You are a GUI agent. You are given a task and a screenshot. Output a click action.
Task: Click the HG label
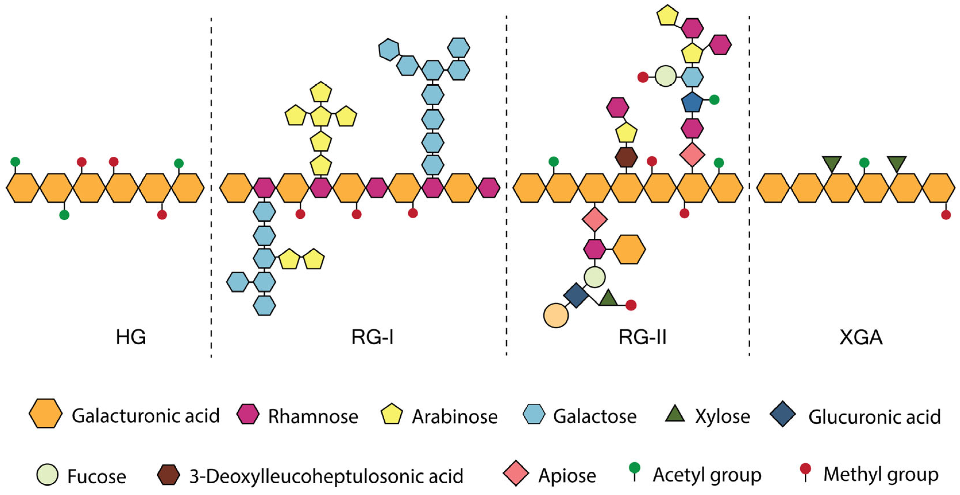131,337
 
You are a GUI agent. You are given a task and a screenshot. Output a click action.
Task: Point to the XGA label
861,337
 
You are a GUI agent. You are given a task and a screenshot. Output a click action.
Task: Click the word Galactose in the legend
595,416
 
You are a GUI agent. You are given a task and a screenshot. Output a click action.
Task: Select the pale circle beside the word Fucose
47,475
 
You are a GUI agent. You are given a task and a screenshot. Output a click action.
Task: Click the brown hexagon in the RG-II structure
626,157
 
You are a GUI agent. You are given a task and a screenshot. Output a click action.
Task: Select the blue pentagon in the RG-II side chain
692,102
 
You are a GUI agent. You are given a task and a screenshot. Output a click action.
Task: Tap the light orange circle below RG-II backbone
556,316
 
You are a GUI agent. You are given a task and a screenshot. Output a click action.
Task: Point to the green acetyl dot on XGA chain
864,162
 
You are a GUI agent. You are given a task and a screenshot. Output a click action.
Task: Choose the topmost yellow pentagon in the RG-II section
667,16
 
